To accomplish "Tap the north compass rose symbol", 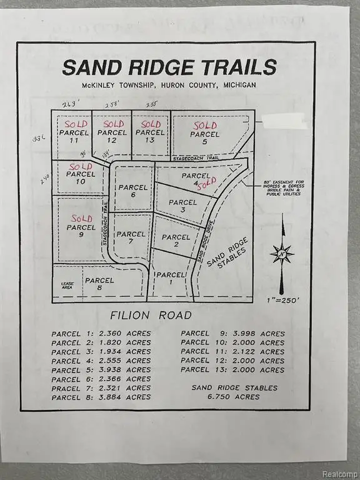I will click(282, 254).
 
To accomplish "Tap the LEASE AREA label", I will click(67, 286).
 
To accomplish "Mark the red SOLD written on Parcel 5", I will click(205, 126).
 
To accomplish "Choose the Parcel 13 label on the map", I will click(150, 136).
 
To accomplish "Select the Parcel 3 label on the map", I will click(182, 206).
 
